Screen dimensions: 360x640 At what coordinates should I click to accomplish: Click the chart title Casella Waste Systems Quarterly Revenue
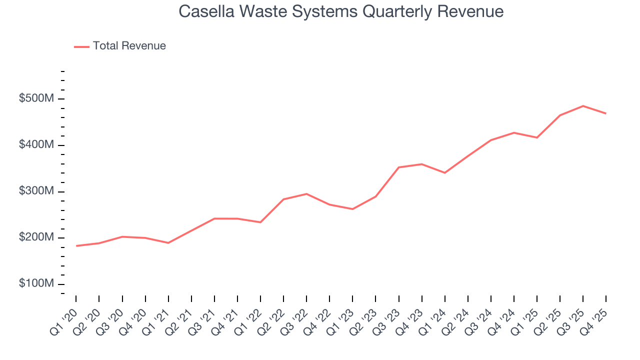(x=341, y=11)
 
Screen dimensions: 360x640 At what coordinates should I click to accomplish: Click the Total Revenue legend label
(x=129, y=46)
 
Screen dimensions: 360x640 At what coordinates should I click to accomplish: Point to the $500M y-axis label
(x=36, y=98)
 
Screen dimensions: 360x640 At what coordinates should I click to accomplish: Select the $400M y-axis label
(x=36, y=145)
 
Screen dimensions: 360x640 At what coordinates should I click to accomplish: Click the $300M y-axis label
(x=36, y=191)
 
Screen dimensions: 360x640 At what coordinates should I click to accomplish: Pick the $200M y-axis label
(x=36, y=237)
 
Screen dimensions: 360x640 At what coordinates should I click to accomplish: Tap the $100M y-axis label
(x=36, y=283)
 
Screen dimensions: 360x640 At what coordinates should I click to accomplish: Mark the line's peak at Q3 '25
(x=583, y=106)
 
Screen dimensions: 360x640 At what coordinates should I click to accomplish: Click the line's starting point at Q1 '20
(x=76, y=246)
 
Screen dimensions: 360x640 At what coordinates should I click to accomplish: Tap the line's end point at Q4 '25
(x=606, y=113)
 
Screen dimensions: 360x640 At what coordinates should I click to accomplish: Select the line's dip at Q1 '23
(x=352, y=209)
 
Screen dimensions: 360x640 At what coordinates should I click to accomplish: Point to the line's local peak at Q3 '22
(x=306, y=194)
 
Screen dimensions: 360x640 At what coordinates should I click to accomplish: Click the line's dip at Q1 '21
(x=168, y=243)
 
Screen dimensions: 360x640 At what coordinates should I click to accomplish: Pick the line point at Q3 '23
(x=398, y=167)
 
